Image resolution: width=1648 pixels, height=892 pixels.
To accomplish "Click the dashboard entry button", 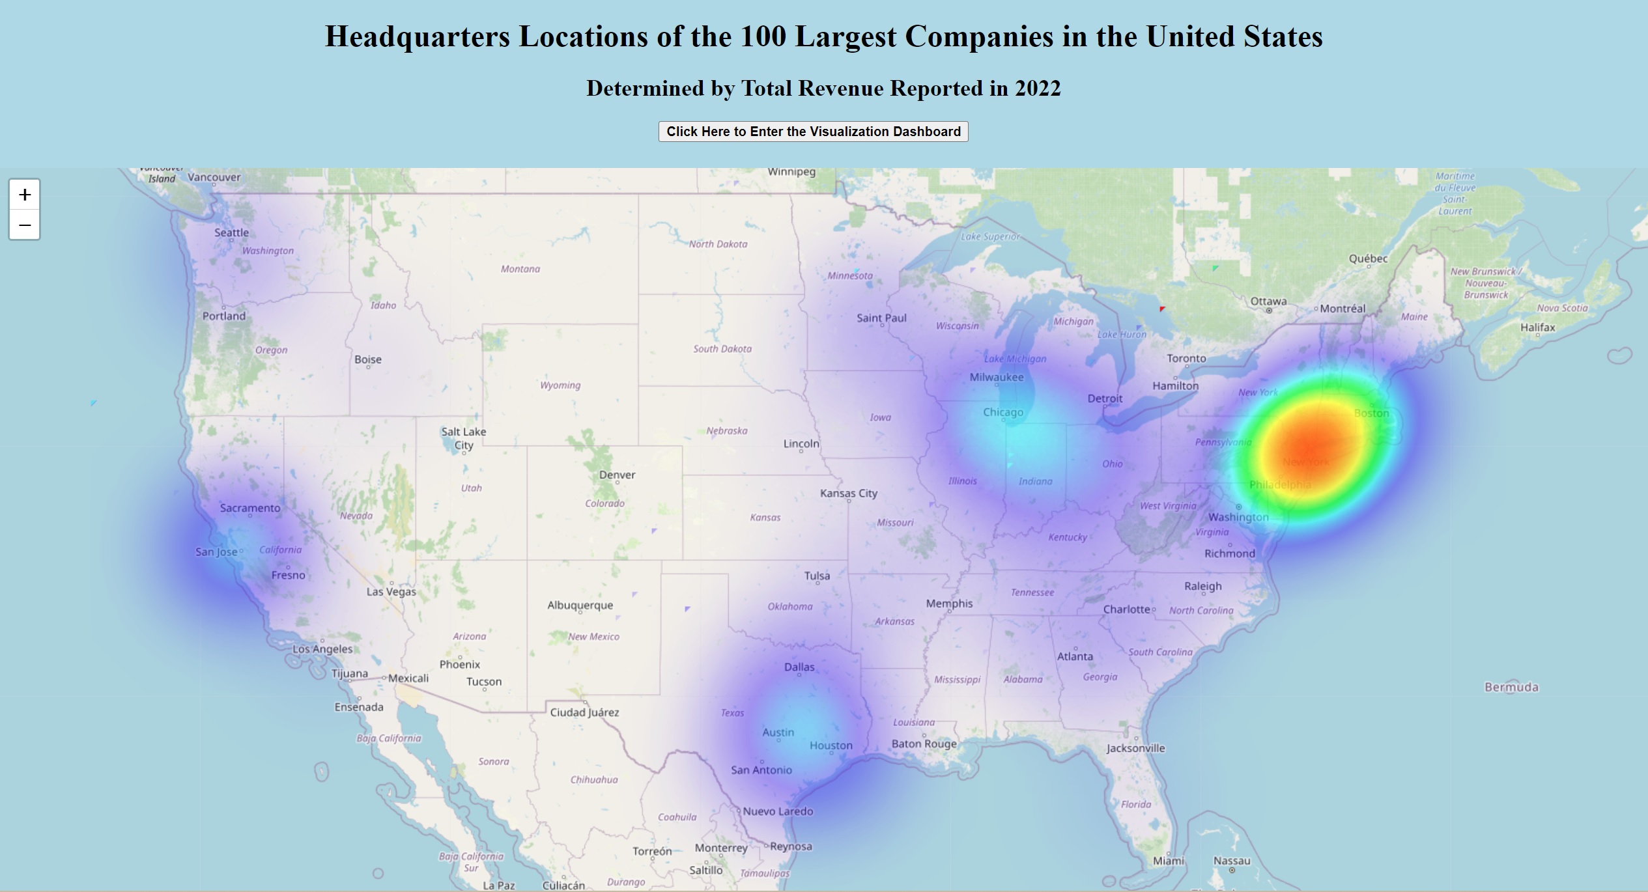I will click(x=813, y=132).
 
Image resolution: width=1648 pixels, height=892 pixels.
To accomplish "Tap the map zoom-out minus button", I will click(x=25, y=225).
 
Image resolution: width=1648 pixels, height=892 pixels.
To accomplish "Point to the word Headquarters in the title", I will click(x=417, y=36).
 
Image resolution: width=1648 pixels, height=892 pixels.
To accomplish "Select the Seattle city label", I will click(x=231, y=232).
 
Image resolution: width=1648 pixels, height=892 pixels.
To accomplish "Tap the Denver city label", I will click(x=617, y=475).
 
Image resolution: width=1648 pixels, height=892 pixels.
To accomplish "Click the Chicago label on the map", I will click(x=1002, y=412).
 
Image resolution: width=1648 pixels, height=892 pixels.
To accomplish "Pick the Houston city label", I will click(x=831, y=746).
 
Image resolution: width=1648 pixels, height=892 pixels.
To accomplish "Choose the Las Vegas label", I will click(x=391, y=592).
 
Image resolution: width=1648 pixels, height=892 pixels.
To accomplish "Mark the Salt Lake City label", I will click(x=463, y=438).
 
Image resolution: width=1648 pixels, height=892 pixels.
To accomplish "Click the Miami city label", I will click(x=1169, y=861).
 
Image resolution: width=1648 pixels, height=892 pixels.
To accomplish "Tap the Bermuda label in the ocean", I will click(x=1511, y=687).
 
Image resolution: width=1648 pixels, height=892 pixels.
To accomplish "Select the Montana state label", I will click(x=520, y=269).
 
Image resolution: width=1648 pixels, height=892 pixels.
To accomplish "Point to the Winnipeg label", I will click(x=791, y=172).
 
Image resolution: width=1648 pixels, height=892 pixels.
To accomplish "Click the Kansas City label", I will click(x=848, y=493).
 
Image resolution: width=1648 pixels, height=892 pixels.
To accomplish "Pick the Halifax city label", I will click(x=1537, y=328).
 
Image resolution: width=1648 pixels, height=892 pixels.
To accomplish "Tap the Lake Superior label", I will click(x=990, y=236).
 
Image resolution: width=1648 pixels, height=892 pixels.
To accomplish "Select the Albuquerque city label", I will click(x=580, y=605).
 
